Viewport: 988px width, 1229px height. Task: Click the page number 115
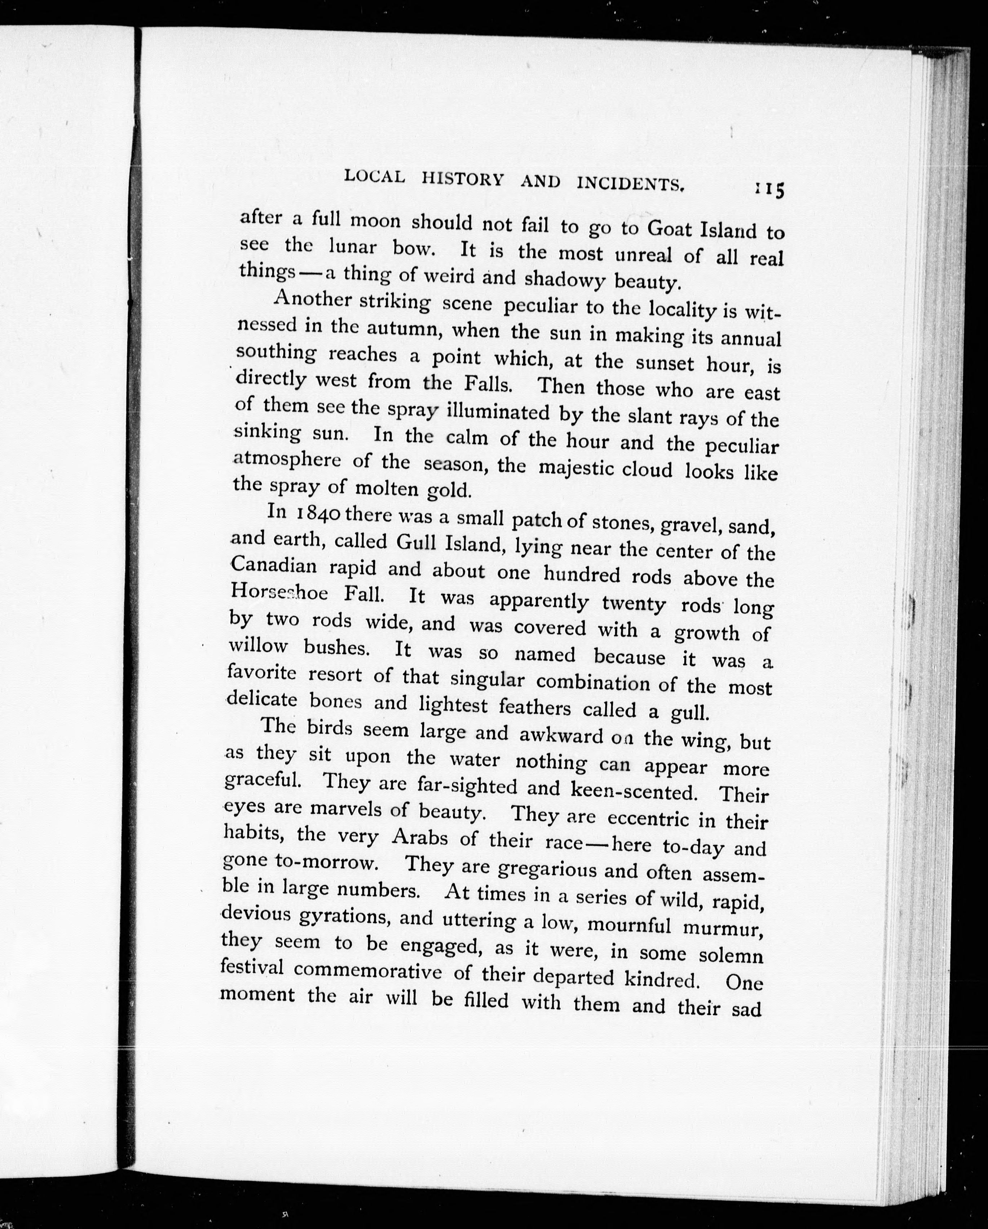[x=769, y=189]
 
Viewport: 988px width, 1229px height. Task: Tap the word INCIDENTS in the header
[x=630, y=183]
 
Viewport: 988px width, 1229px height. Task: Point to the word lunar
[x=352, y=247]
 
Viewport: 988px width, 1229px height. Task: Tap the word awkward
[x=561, y=735]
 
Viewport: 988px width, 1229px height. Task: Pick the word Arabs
[x=420, y=837]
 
